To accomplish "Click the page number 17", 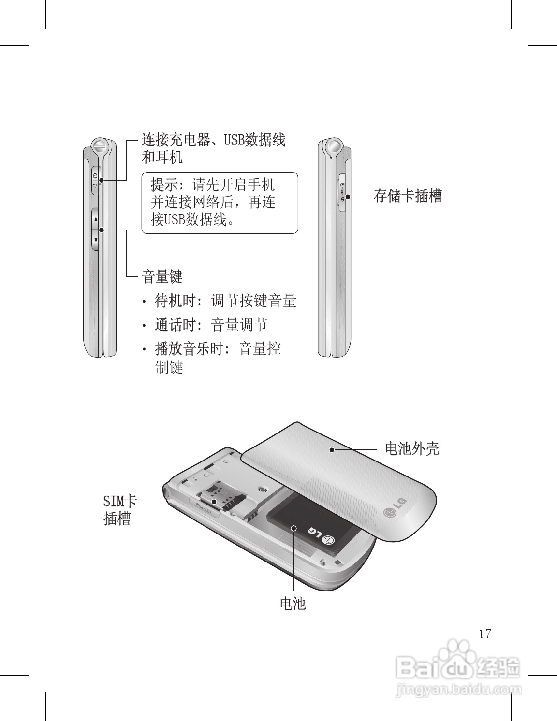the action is click(485, 634).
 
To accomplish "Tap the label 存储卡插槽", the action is click(408, 196).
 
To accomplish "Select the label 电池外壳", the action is click(412, 448).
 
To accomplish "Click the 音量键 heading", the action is click(162, 277).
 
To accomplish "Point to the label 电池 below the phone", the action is click(293, 603).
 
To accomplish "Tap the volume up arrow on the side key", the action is click(96, 219).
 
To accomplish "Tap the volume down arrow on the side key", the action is click(96, 240).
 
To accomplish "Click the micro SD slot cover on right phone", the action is click(342, 190).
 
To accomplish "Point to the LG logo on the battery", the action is click(320, 535).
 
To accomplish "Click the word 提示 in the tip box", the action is click(164, 185).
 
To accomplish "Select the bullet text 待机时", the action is click(175, 301).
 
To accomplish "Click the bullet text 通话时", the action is click(175, 324).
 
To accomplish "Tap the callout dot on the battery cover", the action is click(332, 450).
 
